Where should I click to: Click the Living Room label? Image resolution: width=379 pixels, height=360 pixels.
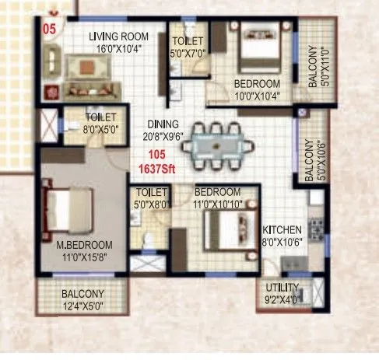[x=118, y=37]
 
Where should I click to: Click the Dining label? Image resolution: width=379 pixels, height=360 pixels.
[x=162, y=124]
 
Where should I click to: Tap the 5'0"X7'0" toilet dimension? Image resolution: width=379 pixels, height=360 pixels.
[x=188, y=54]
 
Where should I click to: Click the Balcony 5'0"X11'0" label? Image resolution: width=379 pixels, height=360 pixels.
[x=317, y=68]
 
